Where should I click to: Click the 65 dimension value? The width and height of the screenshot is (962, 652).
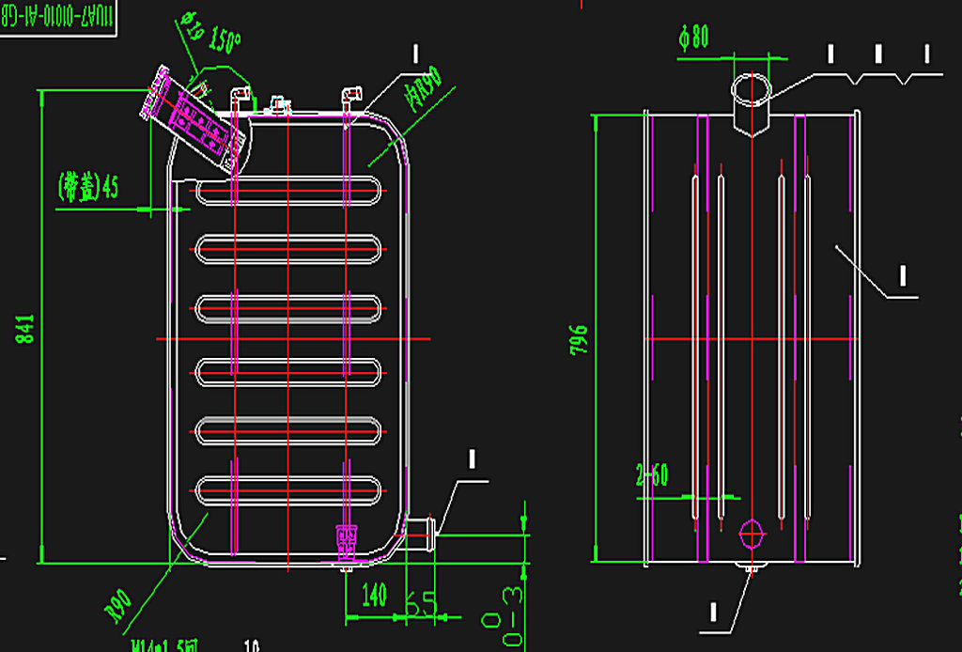tap(425, 602)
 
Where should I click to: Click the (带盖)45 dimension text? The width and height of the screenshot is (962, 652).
tap(88, 186)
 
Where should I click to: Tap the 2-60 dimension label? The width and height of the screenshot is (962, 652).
tap(651, 475)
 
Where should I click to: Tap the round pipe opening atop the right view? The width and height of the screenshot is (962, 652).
tap(752, 88)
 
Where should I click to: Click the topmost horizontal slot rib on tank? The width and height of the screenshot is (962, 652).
tap(288, 191)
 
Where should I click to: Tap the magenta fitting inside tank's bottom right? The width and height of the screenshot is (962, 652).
tap(347, 536)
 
